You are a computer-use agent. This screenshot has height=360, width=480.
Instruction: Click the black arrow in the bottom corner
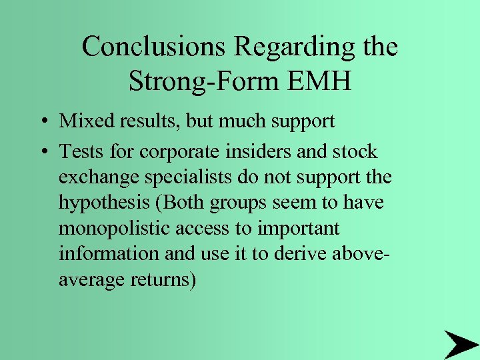tap(461, 343)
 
